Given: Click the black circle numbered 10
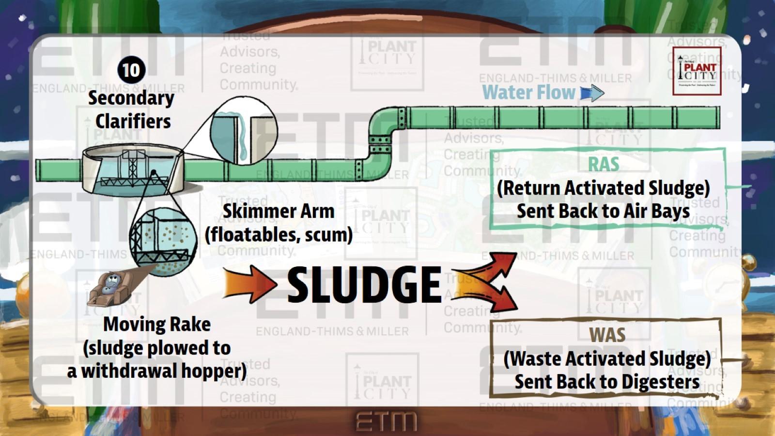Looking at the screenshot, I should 131,70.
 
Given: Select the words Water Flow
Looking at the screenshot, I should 528,93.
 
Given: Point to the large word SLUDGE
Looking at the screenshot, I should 364,285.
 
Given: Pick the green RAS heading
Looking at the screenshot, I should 604,165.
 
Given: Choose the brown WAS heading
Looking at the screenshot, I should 607,335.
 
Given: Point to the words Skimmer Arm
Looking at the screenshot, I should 278,211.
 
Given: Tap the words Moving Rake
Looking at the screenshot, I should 157,324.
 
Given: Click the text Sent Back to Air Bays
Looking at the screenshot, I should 603,211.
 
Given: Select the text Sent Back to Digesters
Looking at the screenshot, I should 607,382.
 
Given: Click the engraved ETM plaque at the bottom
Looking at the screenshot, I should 386,421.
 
